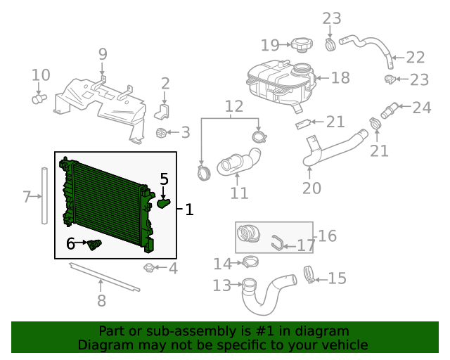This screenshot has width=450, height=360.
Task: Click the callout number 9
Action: point(103,53)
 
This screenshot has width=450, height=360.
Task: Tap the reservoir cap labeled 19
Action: point(300,46)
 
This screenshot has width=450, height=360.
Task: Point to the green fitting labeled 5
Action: point(163,204)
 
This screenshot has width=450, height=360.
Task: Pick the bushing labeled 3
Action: point(162,133)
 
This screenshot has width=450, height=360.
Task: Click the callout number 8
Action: point(101,301)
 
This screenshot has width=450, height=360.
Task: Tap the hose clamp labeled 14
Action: point(250,263)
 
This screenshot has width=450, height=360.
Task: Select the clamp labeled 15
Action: point(308,274)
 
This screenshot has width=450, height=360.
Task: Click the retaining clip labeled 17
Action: point(277,245)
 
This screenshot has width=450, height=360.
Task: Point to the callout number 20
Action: point(311,188)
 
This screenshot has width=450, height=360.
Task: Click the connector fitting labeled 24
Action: point(389,110)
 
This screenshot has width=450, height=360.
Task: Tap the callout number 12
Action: point(234,107)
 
